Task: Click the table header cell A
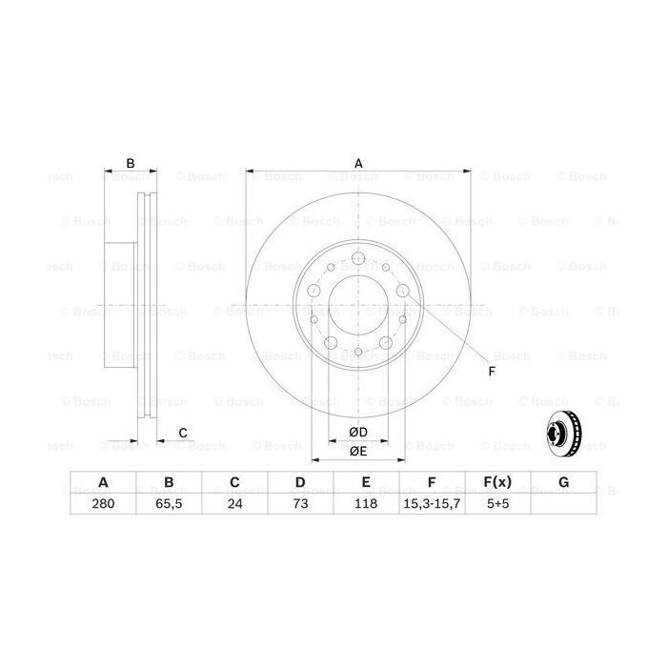pos(102,483)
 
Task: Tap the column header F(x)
pos(497,483)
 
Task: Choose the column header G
pos(563,483)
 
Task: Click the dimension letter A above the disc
pos(359,163)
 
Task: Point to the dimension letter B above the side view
pos(131,162)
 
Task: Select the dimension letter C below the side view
pos(183,434)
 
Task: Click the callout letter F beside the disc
pos(492,371)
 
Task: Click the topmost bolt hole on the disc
pos(358,259)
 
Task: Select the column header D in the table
pos(299,483)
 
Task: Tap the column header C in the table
pos(233,483)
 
